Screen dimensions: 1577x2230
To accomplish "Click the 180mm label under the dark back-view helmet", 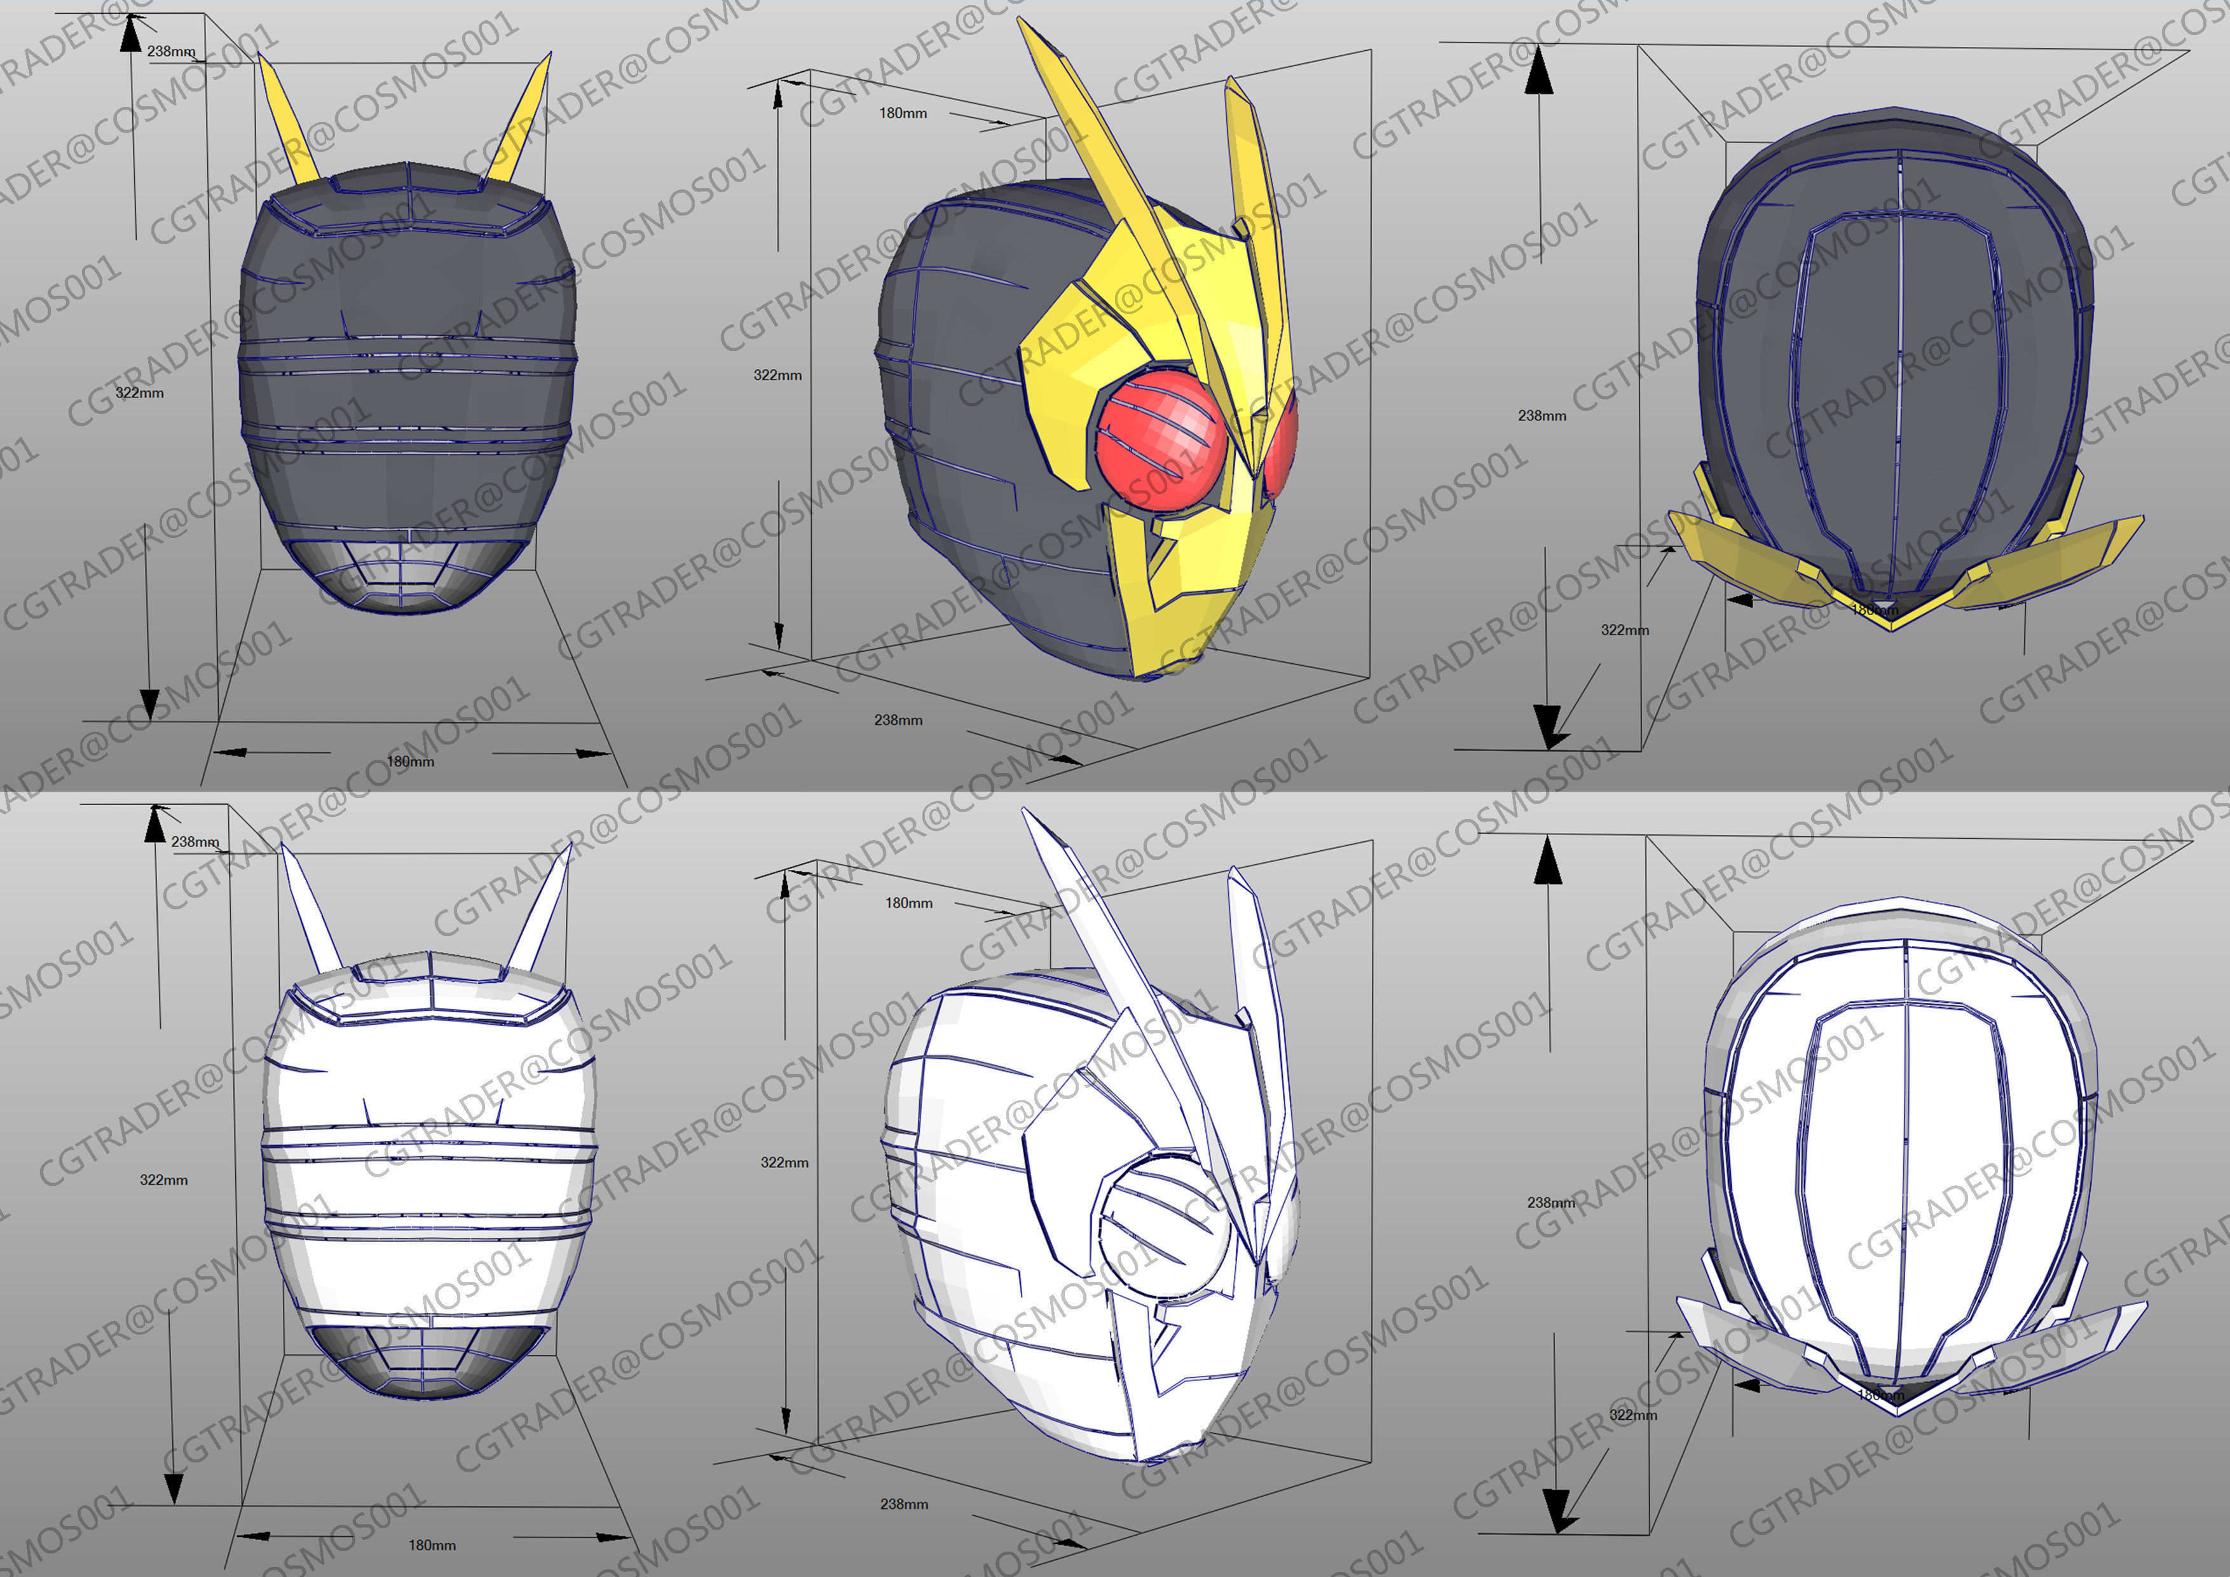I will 411,762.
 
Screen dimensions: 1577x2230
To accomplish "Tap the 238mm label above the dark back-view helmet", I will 171,52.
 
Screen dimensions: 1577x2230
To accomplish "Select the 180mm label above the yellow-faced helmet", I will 903,114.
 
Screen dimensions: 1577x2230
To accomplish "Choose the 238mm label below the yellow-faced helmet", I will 898,720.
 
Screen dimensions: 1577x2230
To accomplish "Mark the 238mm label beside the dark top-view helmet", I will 1542,416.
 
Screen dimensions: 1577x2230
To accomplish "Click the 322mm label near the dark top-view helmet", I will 1625,630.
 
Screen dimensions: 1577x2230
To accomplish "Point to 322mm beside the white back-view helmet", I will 164,1180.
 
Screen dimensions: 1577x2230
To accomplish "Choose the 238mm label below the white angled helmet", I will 904,1504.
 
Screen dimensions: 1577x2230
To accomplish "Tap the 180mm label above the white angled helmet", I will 909,904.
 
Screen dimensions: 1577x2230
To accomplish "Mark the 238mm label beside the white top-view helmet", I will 1551,1203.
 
